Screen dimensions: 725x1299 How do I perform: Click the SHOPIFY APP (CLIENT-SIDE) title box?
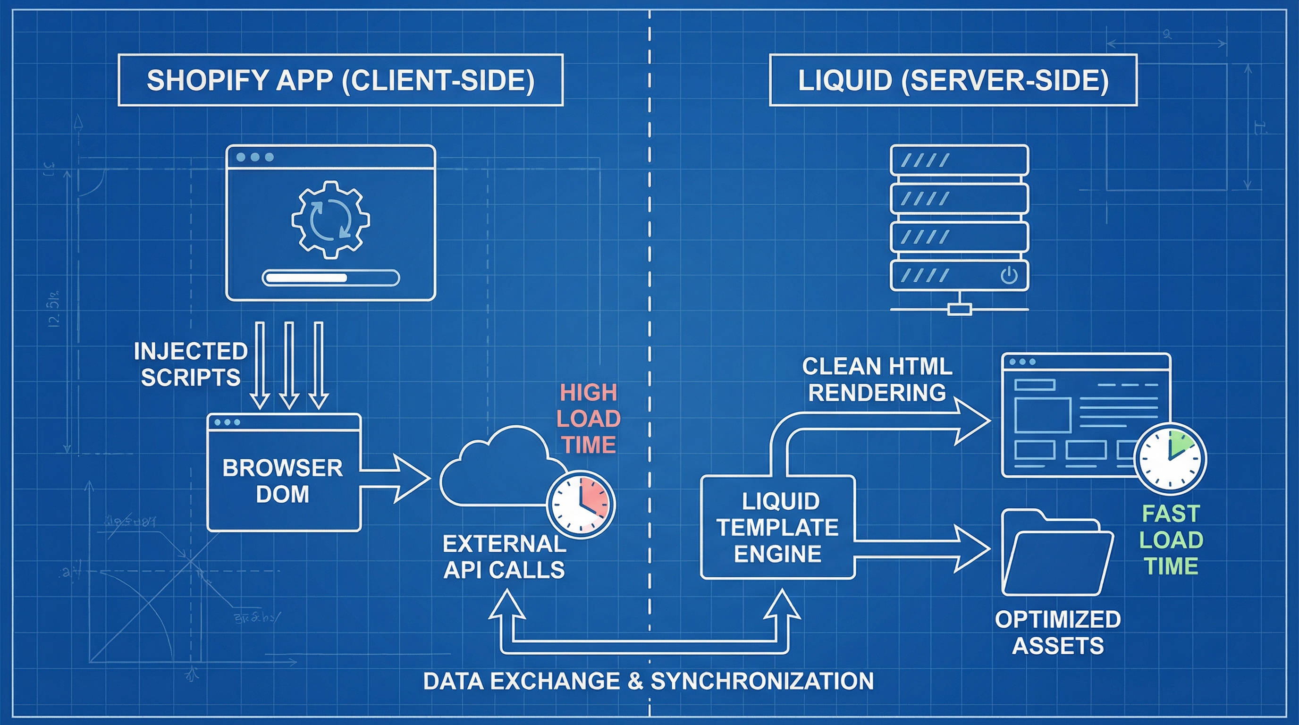coord(340,80)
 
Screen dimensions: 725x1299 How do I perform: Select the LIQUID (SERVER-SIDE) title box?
coord(953,80)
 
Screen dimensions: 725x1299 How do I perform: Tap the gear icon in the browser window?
coord(330,219)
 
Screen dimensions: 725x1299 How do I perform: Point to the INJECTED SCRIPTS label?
coord(190,364)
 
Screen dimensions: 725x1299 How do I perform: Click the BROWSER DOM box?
coord(283,480)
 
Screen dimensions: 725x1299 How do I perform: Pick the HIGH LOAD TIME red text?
coord(588,419)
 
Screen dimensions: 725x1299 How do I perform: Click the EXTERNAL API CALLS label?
coord(504,556)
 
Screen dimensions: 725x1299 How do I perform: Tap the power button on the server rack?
coord(1009,276)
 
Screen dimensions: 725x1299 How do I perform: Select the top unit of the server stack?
coord(959,160)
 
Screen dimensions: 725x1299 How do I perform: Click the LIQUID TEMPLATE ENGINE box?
coord(777,527)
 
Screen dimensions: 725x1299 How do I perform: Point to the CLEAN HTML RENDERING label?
coord(877,379)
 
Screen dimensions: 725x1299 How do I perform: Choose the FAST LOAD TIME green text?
coord(1171,540)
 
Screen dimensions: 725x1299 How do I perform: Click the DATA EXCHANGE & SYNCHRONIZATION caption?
coord(649,681)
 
